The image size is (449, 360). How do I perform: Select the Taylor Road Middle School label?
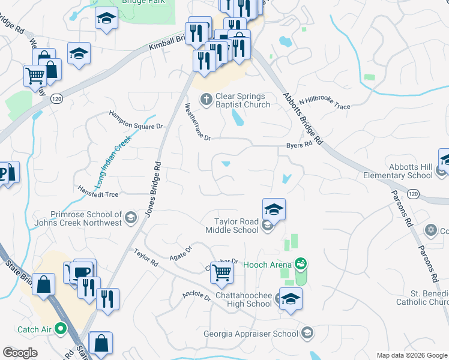click(232, 226)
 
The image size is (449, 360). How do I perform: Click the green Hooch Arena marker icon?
click(301, 263)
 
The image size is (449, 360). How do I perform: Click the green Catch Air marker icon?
click(60, 328)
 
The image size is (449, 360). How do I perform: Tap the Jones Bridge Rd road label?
click(154, 189)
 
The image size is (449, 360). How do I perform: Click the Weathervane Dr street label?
click(197, 122)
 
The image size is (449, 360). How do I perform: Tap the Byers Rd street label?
click(300, 145)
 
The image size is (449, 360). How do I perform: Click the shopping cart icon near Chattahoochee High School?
click(221, 274)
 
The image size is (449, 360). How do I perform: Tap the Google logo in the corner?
click(20, 353)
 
